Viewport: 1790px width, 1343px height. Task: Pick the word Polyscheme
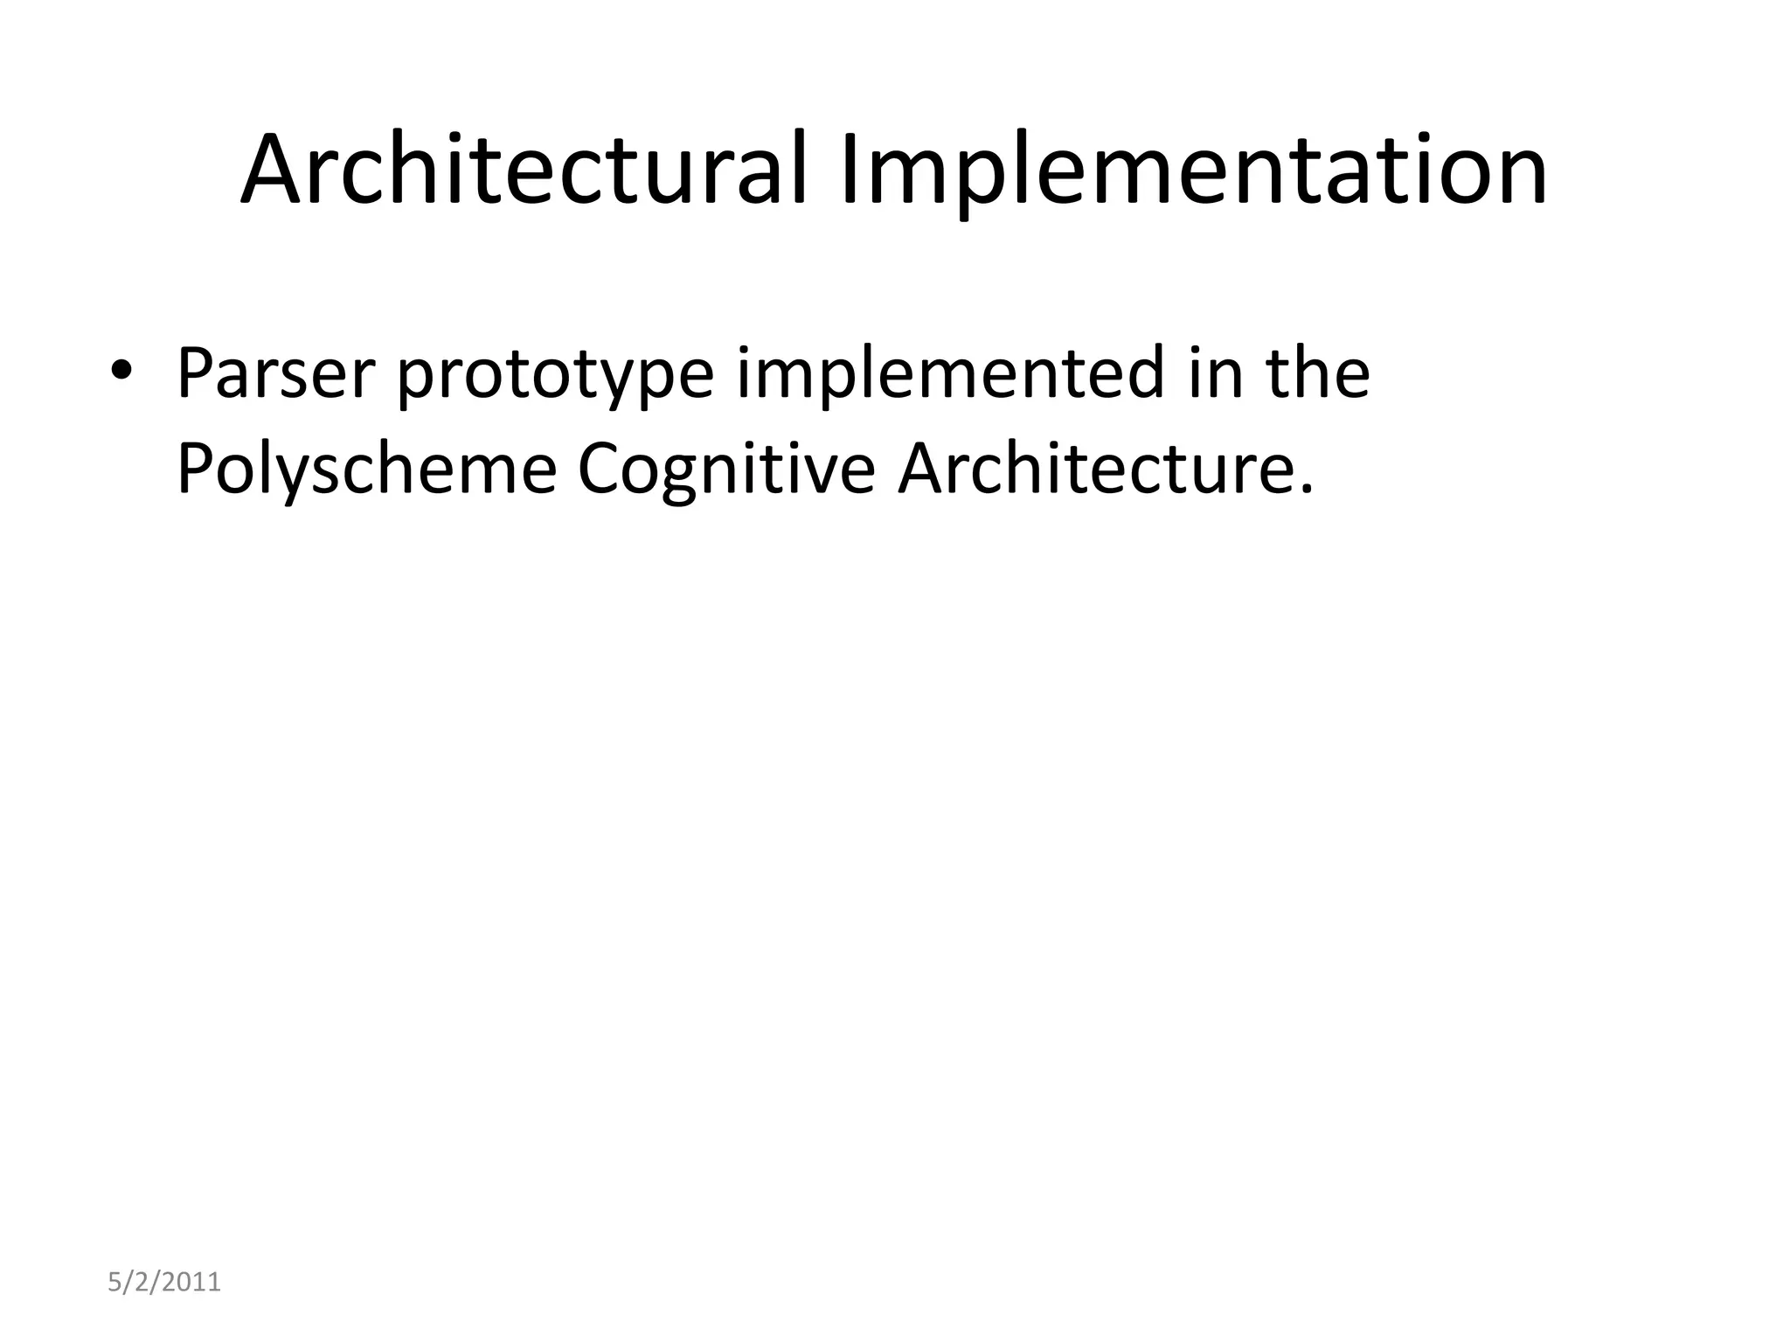click(x=366, y=470)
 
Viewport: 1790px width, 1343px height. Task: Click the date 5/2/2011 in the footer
click(x=164, y=1283)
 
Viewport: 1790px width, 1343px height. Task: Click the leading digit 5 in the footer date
click(x=114, y=1283)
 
